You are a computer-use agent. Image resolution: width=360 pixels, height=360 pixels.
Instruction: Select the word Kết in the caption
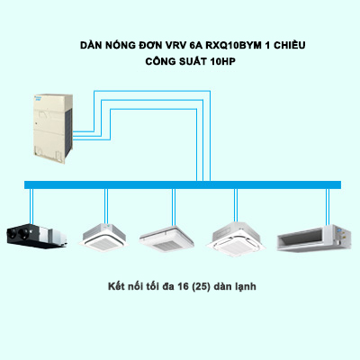tap(114, 286)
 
